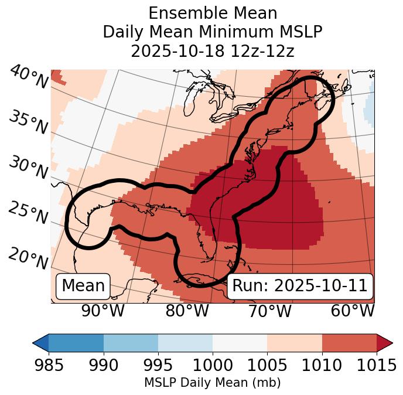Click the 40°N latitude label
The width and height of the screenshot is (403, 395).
(x=29, y=77)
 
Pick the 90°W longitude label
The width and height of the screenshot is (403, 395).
(x=103, y=311)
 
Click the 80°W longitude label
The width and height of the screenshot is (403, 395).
(x=187, y=311)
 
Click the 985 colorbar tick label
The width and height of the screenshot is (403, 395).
(x=49, y=366)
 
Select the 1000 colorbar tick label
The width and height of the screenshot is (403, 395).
(x=213, y=366)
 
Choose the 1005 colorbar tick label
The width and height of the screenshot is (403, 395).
(x=267, y=366)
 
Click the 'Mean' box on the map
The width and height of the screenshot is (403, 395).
(x=83, y=286)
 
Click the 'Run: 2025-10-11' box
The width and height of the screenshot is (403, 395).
(x=299, y=286)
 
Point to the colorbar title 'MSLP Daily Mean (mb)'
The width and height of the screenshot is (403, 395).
(x=213, y=383)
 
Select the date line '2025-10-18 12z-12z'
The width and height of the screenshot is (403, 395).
(x=213, y=51)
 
